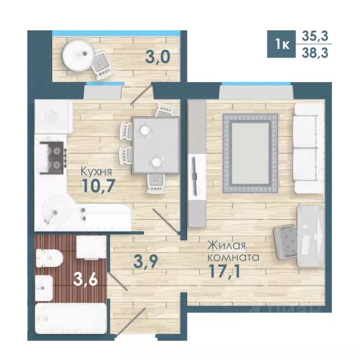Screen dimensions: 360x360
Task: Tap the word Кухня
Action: pyautogui.click(x=97, y=171)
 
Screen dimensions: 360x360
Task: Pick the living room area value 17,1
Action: pyautogui.click(x=225, y=271)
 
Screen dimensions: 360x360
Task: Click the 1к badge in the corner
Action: pyautogui.click(x=281, y=44)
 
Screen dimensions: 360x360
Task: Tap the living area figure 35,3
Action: pyautogui.click(x=315, y=36)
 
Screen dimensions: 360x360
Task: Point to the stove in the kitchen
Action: pyautogui.click(x=52, y=157)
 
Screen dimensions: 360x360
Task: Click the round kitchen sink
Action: pyautogui.click(x=57, y=210)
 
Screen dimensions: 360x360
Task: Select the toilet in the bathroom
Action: pyautogui.click(x=49, y=258)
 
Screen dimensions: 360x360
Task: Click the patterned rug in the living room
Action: pyautogui.click(x=250, y=153)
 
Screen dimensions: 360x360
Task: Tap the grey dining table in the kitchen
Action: pyautogui.click(x=156, y=145)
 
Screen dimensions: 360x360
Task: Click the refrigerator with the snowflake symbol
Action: pyautogui.click(x=54, y=117)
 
